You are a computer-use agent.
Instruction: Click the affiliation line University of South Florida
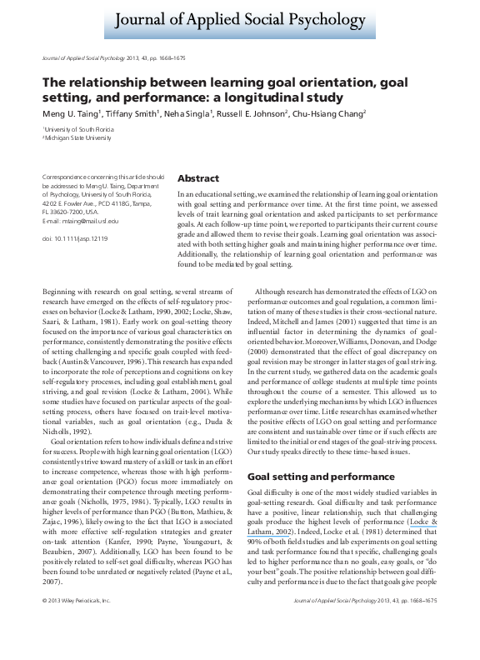77,131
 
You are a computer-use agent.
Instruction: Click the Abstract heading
198,179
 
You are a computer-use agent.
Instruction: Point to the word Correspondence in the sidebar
62,177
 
